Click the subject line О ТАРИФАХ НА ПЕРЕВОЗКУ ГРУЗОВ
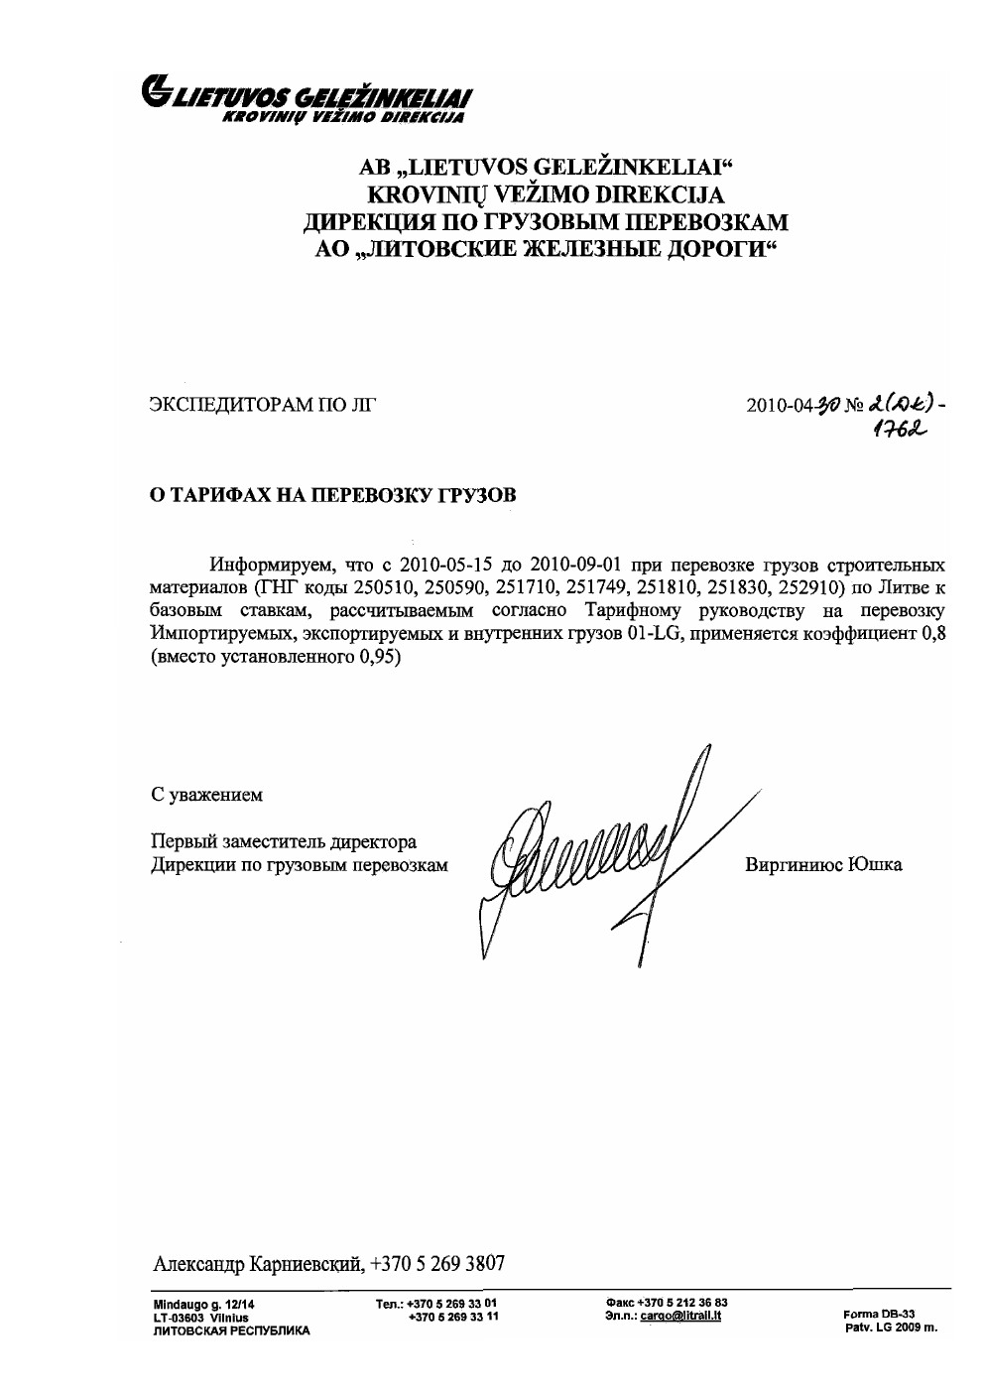(x=332, y=495)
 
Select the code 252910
(x=815, y=587)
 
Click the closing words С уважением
(x=206, y=795)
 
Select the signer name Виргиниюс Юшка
(x=823, y=865)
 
